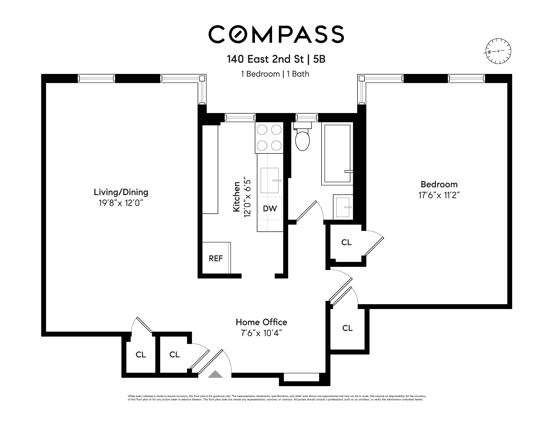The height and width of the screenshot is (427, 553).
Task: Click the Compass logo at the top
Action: (276, 34)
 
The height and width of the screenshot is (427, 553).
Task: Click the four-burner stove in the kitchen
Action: (269, 138)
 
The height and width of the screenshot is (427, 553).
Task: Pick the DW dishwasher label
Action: (270, 209)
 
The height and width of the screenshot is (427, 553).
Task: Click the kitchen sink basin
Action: (269, 180)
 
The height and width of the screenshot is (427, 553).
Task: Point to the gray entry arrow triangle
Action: (215, 374)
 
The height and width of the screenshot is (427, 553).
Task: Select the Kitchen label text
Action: (236, 197)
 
